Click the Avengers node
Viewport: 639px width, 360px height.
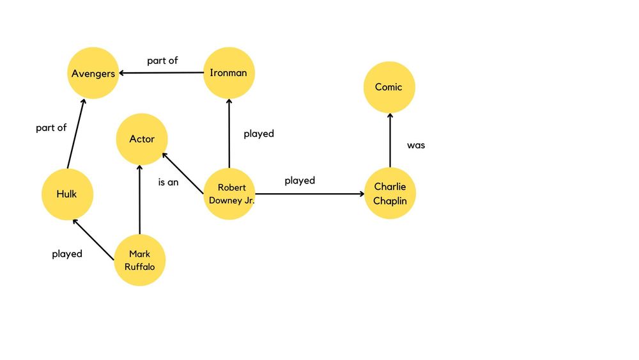pos(93,73)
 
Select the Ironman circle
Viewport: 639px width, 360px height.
pos(228,73)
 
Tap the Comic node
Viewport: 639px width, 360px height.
pos(389,87)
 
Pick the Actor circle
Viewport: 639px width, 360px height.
pos(142,139)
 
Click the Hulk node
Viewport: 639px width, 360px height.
pos(67,194)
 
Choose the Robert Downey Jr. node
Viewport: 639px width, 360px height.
pos(228,193)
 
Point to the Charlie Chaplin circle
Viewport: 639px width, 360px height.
pos(389,193)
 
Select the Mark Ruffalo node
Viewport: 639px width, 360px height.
pos(139,260)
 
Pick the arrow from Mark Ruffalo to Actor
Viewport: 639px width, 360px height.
pos(140,199)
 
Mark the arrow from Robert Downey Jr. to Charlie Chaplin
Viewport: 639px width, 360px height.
pos(309,193)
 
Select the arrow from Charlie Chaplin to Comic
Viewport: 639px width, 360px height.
pos(389,140)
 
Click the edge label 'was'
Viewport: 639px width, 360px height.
pos(416,145)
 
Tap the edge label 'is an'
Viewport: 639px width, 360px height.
pos(168,182)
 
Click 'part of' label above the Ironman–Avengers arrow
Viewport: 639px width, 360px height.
pos(162,61)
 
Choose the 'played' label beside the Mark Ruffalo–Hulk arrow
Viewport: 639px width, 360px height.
pos(67,254)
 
